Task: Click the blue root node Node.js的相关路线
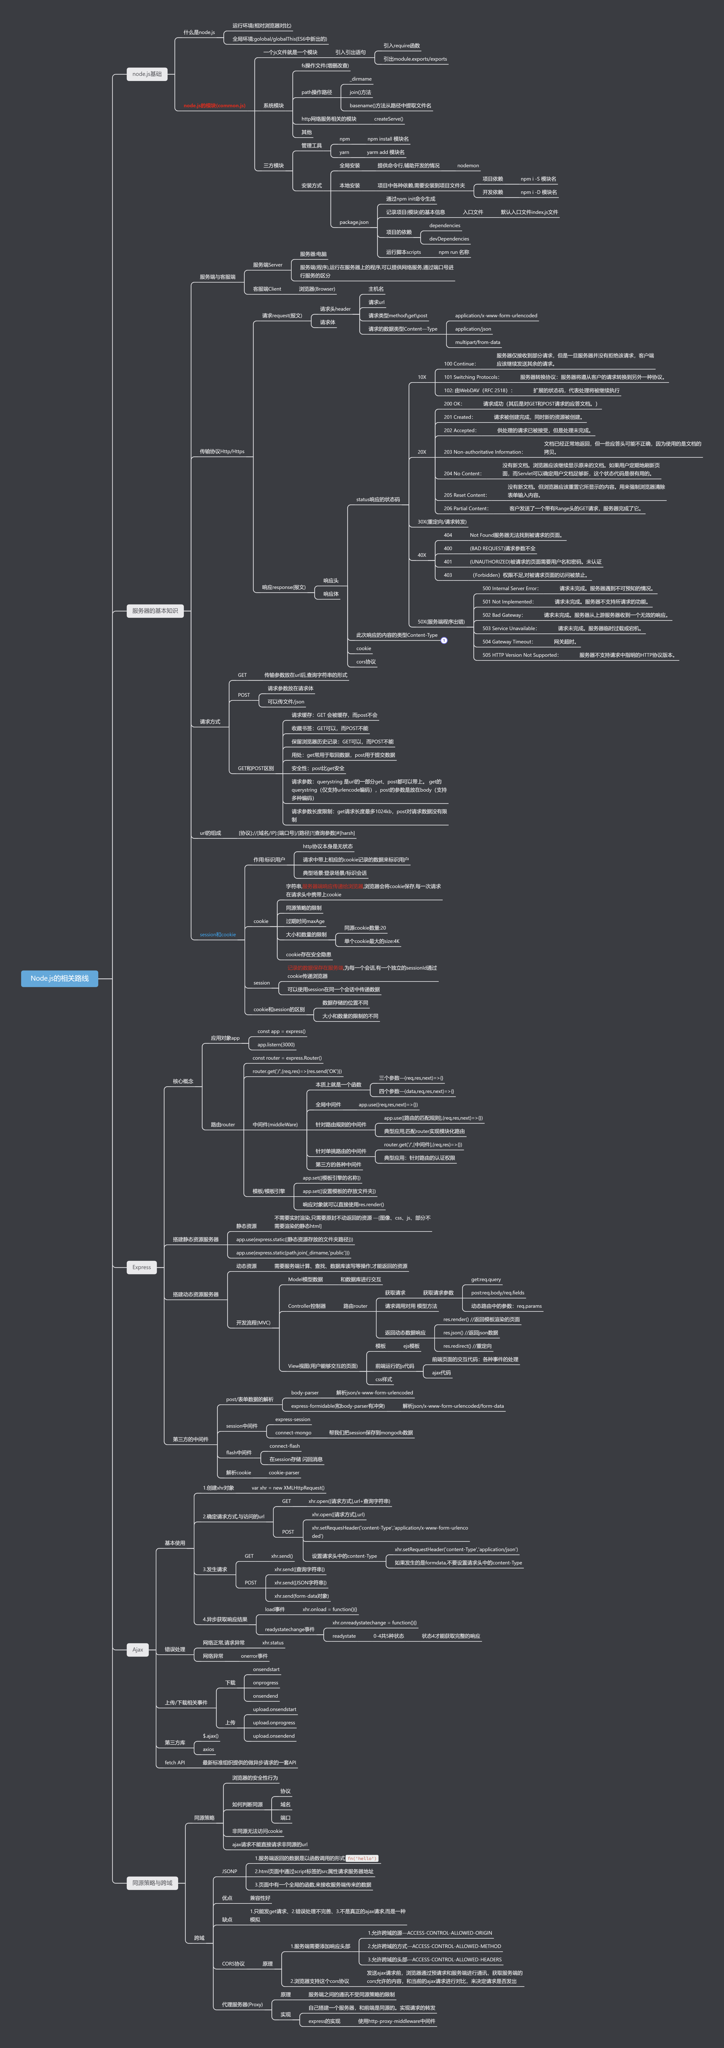tap(60, 978)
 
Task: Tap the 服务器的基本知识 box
tap(155, 611)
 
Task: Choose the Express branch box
tap(141, 1267)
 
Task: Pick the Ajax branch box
tap(138, 1650)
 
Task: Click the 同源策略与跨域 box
tap(153, 1883)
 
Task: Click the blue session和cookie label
tap(218, 934)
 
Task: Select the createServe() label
tap(389, 119)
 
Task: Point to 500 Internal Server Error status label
tap(510, 588)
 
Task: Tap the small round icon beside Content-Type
tap(444, 640)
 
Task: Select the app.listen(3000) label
tap(276, 1045)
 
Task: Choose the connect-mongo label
tap(293, 1433)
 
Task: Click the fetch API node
tap(175, 1763)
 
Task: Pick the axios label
tap(208, 1749)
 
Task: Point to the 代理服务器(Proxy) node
tap(242, 2004)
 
